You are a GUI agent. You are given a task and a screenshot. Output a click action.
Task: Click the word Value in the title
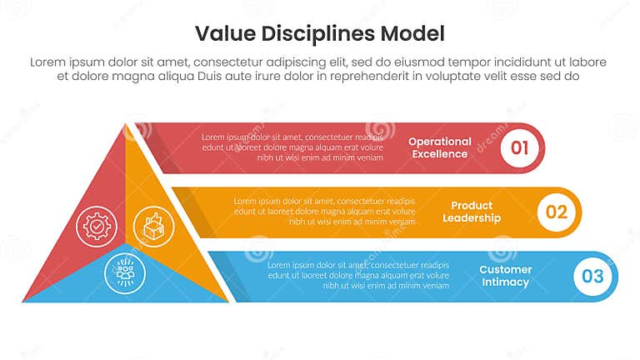220,33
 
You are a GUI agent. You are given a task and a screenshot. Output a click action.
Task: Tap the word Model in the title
413,33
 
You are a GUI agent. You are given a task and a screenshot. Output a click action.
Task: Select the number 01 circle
519,148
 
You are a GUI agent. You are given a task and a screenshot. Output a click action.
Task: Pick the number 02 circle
555,212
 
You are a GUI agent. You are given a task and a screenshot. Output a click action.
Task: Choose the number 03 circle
592,276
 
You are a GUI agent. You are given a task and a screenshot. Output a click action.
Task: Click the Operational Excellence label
439,147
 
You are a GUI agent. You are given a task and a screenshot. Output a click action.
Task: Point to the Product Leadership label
471,212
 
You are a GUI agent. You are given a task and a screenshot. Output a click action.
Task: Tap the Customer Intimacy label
504,276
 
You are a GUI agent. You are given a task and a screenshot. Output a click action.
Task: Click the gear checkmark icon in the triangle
97,225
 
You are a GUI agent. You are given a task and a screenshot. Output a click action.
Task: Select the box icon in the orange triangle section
153,225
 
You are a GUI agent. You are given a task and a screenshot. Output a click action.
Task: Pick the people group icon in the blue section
125,272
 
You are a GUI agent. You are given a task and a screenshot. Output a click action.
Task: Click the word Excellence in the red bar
439,154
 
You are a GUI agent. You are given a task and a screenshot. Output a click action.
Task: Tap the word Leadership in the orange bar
471,218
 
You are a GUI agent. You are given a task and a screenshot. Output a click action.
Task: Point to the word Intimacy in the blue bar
504,282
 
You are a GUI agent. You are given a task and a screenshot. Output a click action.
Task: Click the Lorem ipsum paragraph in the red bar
292,147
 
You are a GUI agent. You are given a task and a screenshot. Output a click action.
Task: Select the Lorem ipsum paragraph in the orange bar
324,212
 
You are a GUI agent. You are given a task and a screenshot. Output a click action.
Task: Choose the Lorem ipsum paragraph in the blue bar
358,275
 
